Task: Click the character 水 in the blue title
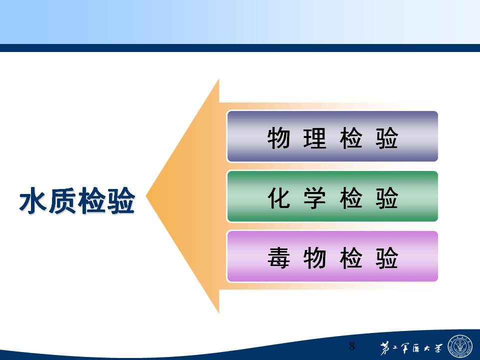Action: [x=33, y=200]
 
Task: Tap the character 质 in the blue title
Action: [x=62, y=200]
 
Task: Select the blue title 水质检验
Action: [x=77, y=200]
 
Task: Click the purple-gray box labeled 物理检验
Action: [x=332, y=136]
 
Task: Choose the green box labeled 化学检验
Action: [x=332, y=196]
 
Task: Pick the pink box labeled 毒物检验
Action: [x=332, y=256]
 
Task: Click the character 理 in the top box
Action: [x=314, y=138]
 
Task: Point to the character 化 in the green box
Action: [x=278, y=198]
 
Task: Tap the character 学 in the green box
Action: [x=314, y=198]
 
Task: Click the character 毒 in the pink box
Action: [x=278, y=258]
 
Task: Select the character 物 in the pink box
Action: [x=314, y=258]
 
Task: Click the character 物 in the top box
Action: [x=278, y=138]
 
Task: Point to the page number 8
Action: [x=352, y=346]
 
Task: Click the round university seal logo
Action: [x=460, y=346]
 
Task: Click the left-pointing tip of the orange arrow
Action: [x=146, y=196]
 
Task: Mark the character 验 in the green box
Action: [x=387, y=198]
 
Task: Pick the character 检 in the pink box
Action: [x=351, y=258]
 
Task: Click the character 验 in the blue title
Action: [x=121, y=200]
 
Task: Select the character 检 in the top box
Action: [x=351, y=138]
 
